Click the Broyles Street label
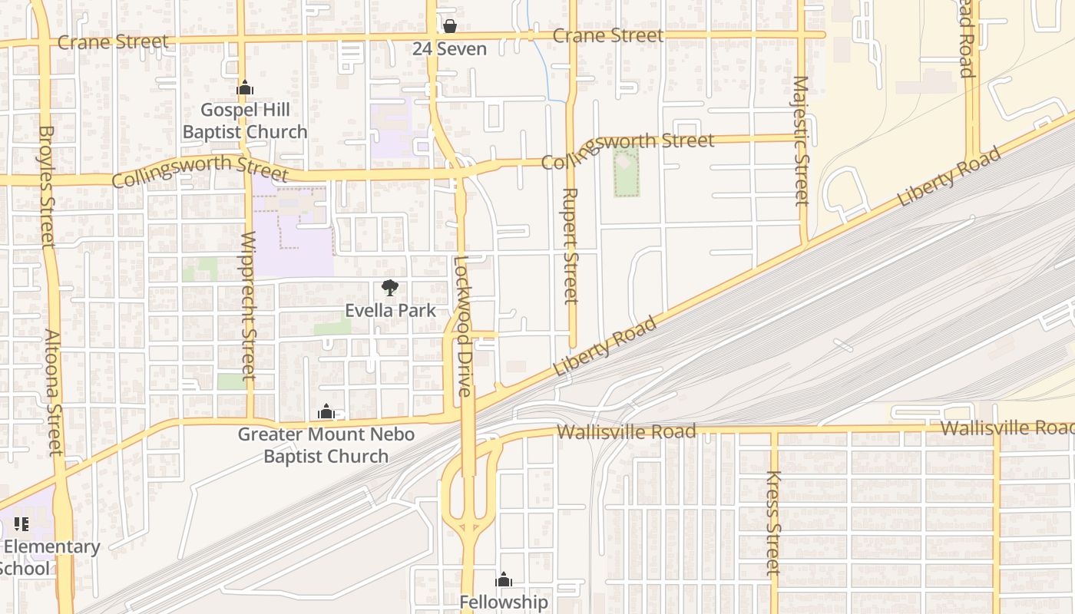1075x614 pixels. point(46,187)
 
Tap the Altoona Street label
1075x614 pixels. point(53,392)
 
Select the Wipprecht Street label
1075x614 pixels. point(247,305)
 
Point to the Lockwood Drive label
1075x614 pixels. point(462,325)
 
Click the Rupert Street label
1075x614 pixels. point(570,246)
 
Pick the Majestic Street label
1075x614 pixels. point(801,140)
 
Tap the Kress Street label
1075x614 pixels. point(773,523)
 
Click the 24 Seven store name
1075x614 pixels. point(449,49)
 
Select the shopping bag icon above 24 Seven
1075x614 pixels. point(449,27)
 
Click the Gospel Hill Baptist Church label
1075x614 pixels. point(245,121)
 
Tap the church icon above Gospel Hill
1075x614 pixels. point(245,88)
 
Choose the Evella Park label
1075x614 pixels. point(390,311)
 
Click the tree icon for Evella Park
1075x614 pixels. point(390,289)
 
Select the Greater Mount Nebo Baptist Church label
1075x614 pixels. point(326,445)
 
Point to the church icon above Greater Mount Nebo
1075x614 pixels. point(326,412)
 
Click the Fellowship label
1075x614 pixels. point(504,602)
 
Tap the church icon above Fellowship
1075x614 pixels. point(504,579)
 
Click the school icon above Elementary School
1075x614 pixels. point(21,525)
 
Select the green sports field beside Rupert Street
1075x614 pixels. point(627,173)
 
